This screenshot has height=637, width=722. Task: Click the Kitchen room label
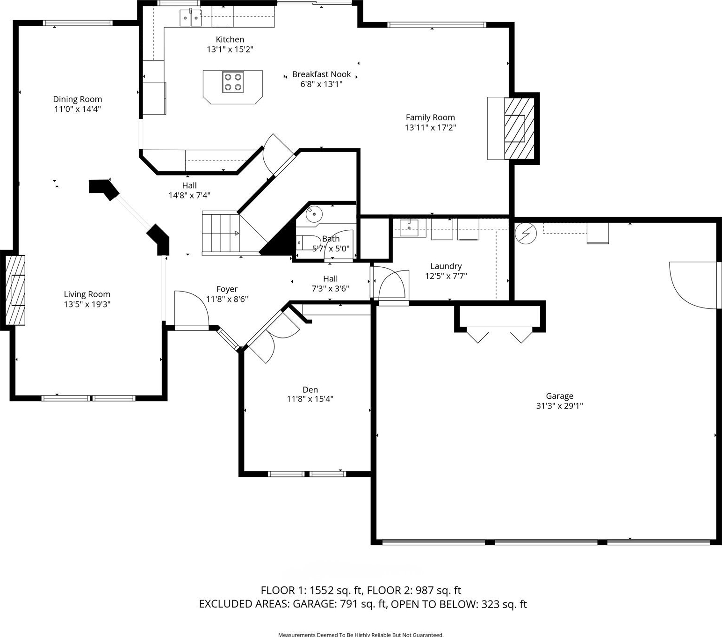click(x=230, y=39)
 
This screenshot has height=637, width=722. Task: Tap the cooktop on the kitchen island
click(x=233, y=82)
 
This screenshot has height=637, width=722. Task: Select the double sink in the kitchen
click(x=190, y=18)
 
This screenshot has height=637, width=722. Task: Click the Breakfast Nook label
click(x=321, y=74)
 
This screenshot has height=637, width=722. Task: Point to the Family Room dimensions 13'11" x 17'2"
click(x=431, y=127)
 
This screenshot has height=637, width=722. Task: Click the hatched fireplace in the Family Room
click(x=519, y=128)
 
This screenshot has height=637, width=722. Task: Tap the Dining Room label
click(x=78, y=99)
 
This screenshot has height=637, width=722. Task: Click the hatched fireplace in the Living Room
click(x=15, y=290)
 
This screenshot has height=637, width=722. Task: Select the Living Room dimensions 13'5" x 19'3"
click(x=87, y=304)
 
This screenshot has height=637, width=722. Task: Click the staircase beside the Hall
click(x=221, y=233)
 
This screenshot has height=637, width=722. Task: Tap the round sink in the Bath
click(x=314, y=213)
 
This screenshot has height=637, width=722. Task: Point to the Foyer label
click(x=227, y=289)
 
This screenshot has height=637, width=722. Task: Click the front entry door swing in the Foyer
click(x=192, y=309)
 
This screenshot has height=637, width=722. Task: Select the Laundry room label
click(x=446, y=266)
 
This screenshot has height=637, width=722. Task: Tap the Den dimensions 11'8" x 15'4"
click(x=310, y=399)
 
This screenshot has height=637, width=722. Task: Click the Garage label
click(x=559, y=396)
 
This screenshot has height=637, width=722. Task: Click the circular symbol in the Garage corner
click(x=526, y=233)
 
